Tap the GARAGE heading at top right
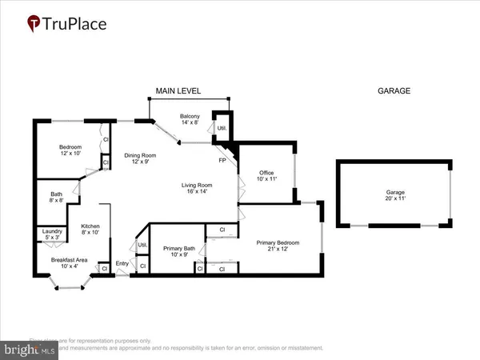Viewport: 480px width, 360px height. click(x=394, y=91)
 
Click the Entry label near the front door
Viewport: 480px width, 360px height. click(x=122, y=264)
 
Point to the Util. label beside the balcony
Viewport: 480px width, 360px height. click(x=221, y=128)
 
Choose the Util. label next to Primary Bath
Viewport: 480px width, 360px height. click(x=142, y=245)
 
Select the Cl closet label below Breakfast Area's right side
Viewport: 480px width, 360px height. click(x=105, y=269)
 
